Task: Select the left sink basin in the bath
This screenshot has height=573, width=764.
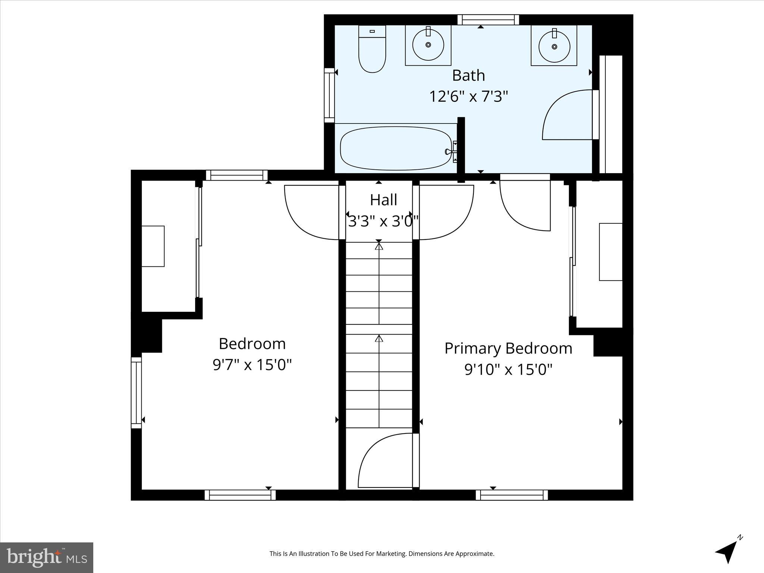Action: (x=428, y=45)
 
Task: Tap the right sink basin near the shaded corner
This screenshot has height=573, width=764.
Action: (x=554, y=47)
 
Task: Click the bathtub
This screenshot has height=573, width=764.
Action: (x=395, y=148)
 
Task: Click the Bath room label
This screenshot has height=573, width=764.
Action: (x=469, y=76)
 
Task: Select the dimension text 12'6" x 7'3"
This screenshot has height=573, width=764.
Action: (x=469, y=97)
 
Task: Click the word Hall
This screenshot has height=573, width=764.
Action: (x=383, y=200)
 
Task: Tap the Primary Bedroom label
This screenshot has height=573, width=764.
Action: (x=508, y=349)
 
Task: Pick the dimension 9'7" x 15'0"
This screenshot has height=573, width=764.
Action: (x=252, y=365)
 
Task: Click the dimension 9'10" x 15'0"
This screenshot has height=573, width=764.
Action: (x=508, y=370)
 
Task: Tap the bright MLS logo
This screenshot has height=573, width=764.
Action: (x=47, y=557)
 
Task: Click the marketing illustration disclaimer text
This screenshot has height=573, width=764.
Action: (x=382, y=554)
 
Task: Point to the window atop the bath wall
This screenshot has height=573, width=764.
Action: (x=488, y=20)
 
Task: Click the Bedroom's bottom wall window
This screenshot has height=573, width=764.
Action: (x=240, y=495)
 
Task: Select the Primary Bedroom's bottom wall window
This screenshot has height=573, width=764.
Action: (x=511, y=495)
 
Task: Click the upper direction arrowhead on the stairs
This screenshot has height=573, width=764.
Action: (x=379, y=246)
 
